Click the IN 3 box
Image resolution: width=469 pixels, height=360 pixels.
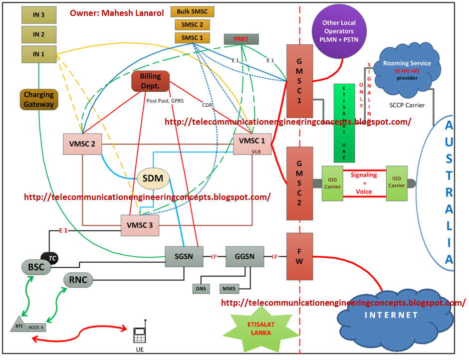[39, 15]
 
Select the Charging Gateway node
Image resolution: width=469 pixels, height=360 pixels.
[39, 99]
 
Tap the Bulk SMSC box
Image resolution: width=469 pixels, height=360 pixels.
[192, 11]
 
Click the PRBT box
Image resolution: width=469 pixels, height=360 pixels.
[241, 39]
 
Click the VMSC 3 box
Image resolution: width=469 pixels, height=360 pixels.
[140, 225]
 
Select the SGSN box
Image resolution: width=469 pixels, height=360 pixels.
[185, 257]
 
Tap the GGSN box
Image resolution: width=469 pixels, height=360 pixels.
[244, 257]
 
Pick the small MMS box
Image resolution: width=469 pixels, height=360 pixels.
[229, 288]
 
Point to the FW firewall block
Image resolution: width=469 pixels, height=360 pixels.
[299, 256]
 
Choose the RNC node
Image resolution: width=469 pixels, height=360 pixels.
[78, 280]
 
